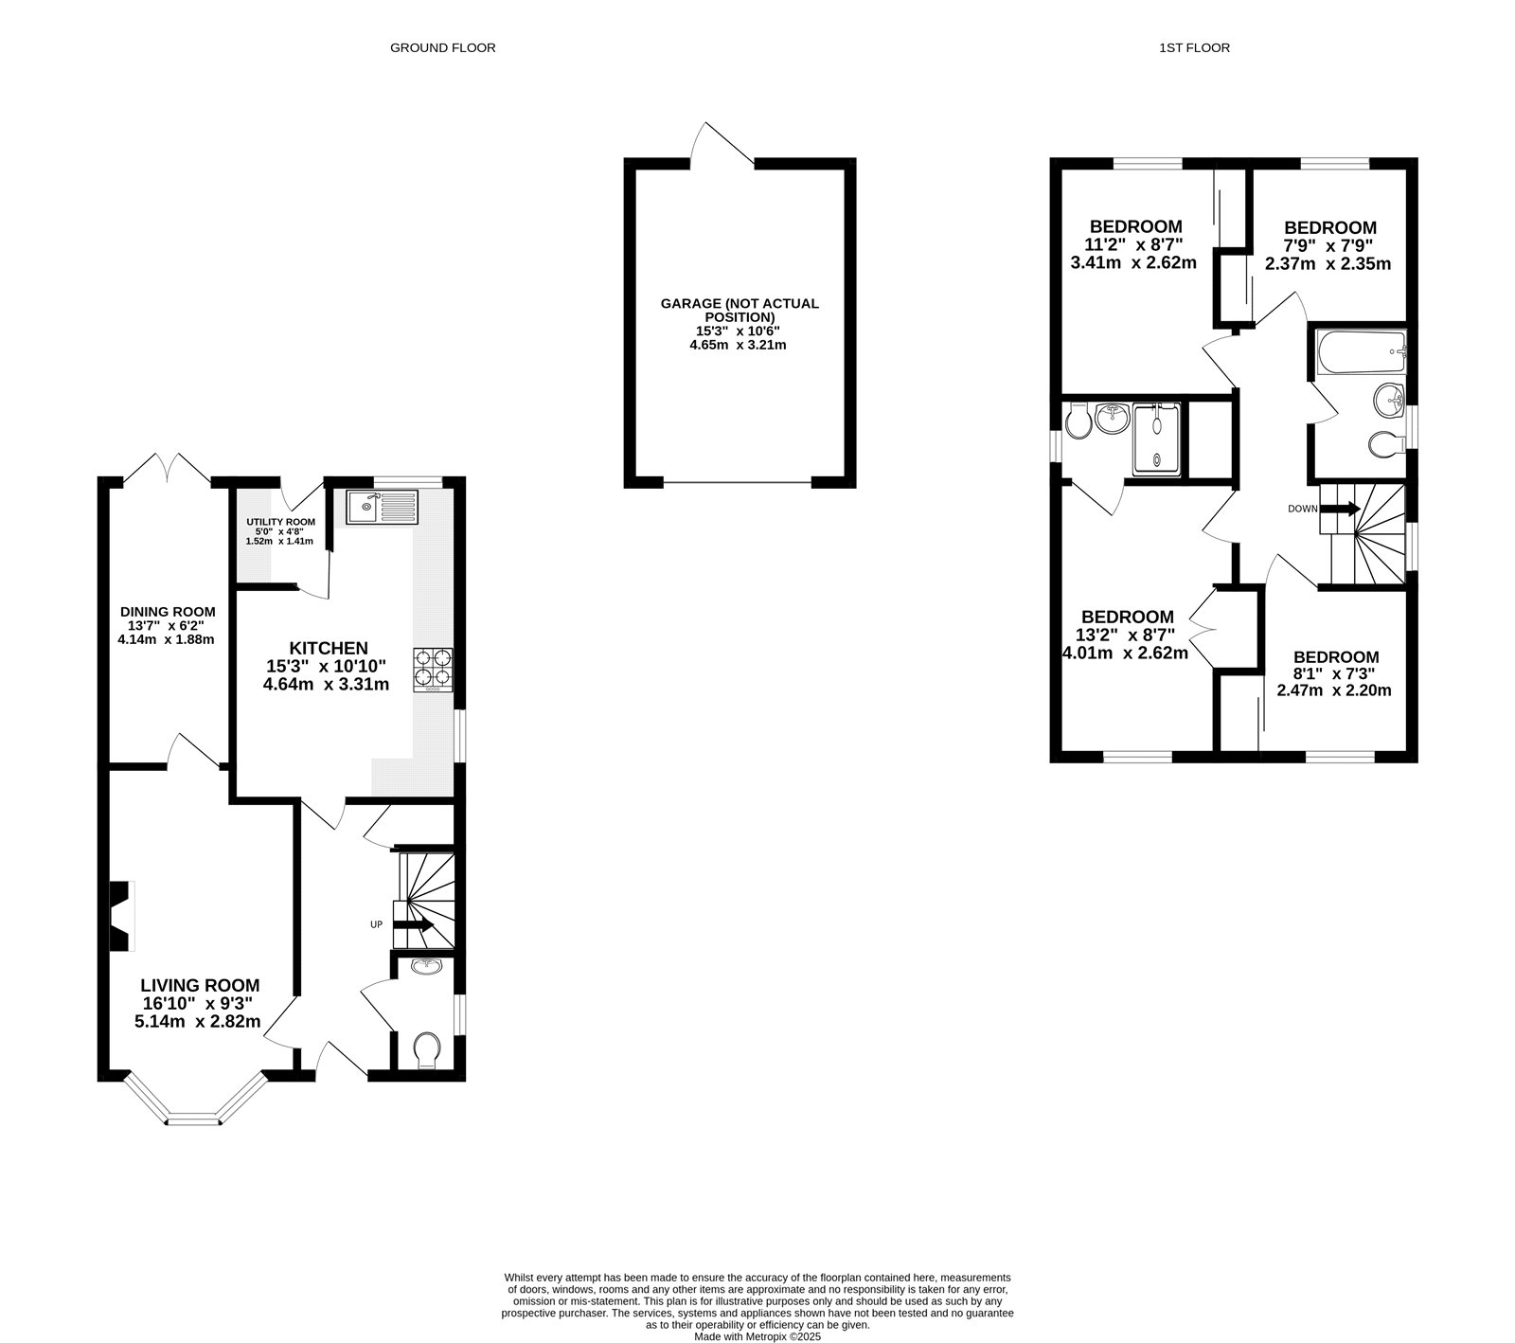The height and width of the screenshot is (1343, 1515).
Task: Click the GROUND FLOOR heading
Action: (442, 47)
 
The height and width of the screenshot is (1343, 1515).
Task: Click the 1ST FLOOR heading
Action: (1194, 47)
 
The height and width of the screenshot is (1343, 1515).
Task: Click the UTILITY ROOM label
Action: (280, 522)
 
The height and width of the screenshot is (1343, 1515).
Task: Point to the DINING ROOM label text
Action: (168, 612)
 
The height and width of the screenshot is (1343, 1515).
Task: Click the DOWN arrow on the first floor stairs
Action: (1340, 509)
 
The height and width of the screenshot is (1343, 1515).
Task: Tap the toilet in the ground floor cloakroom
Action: (427, 1048)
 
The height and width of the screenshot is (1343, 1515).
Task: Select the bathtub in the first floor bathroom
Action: (1361, 351)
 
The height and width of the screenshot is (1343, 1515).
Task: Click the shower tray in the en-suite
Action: (1158, 439)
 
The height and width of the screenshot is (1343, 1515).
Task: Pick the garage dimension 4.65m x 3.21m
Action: (738, 346)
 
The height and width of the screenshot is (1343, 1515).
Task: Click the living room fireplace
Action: (120, 915)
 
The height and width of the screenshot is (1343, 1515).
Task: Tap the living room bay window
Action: (194, 1108)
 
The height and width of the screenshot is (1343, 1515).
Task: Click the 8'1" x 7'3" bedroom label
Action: (1335, 673)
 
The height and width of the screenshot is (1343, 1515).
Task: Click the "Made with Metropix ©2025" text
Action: (757, 1336)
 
